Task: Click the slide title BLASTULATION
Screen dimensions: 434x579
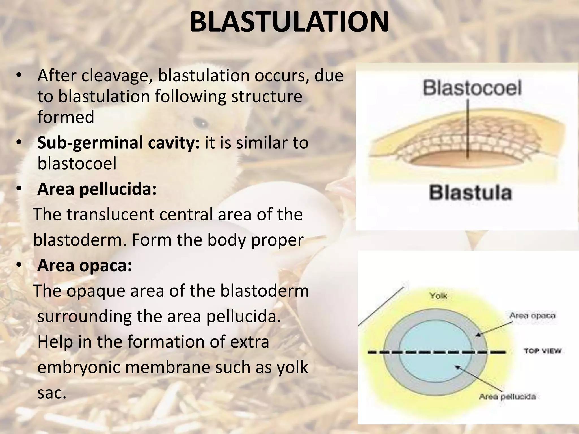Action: click(289, 23)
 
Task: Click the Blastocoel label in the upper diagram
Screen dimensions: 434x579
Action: click(472, 88)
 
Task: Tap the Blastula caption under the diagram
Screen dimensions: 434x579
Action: click(470, 193)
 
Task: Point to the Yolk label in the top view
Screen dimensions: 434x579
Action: click(438, 296)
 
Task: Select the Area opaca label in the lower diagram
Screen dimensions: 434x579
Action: click(532, 316)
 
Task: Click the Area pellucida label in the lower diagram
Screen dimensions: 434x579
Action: click(507, 396)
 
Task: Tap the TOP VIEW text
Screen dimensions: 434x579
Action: click(542, 351)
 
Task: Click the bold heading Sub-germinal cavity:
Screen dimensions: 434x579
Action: click(118, 143)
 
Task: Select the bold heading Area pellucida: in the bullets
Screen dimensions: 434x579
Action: click(97, 189)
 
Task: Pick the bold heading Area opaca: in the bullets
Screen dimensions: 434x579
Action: click(85, 266)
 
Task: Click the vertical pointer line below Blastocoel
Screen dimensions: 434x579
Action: click(468, 127)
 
